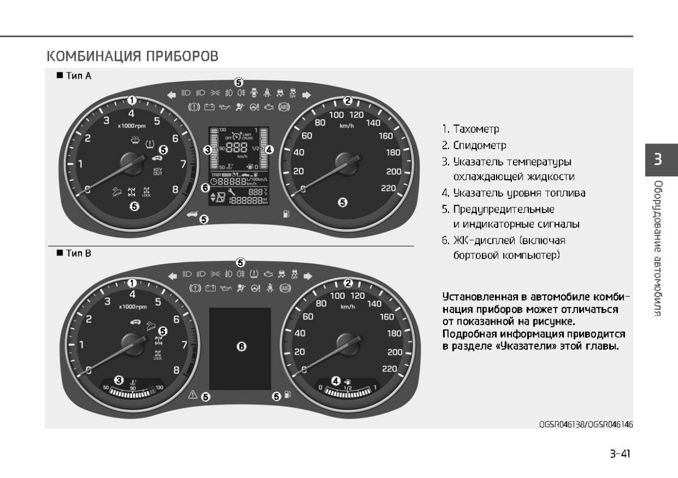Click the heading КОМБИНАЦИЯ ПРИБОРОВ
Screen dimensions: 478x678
click(x=132, y=57)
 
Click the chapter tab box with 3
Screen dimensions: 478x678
click(x=658, y=159)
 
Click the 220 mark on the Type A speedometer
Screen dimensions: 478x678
click(x=388, y=188)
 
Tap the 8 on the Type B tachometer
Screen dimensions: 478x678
click(x=176, y=370)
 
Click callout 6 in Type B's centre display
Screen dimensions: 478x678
click(x=241, y=346)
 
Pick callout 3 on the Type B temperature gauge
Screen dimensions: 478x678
click(x=119, y=379)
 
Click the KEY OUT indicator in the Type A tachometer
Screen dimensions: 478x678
click(x=157, y=171)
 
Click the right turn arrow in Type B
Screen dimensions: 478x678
click(x=308, y=276)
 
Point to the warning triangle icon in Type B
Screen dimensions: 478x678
click(x=192, y=395)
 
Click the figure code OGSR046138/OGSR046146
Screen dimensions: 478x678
click(x=585, y=423)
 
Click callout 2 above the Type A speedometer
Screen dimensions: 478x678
click(x=348, y=101)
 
